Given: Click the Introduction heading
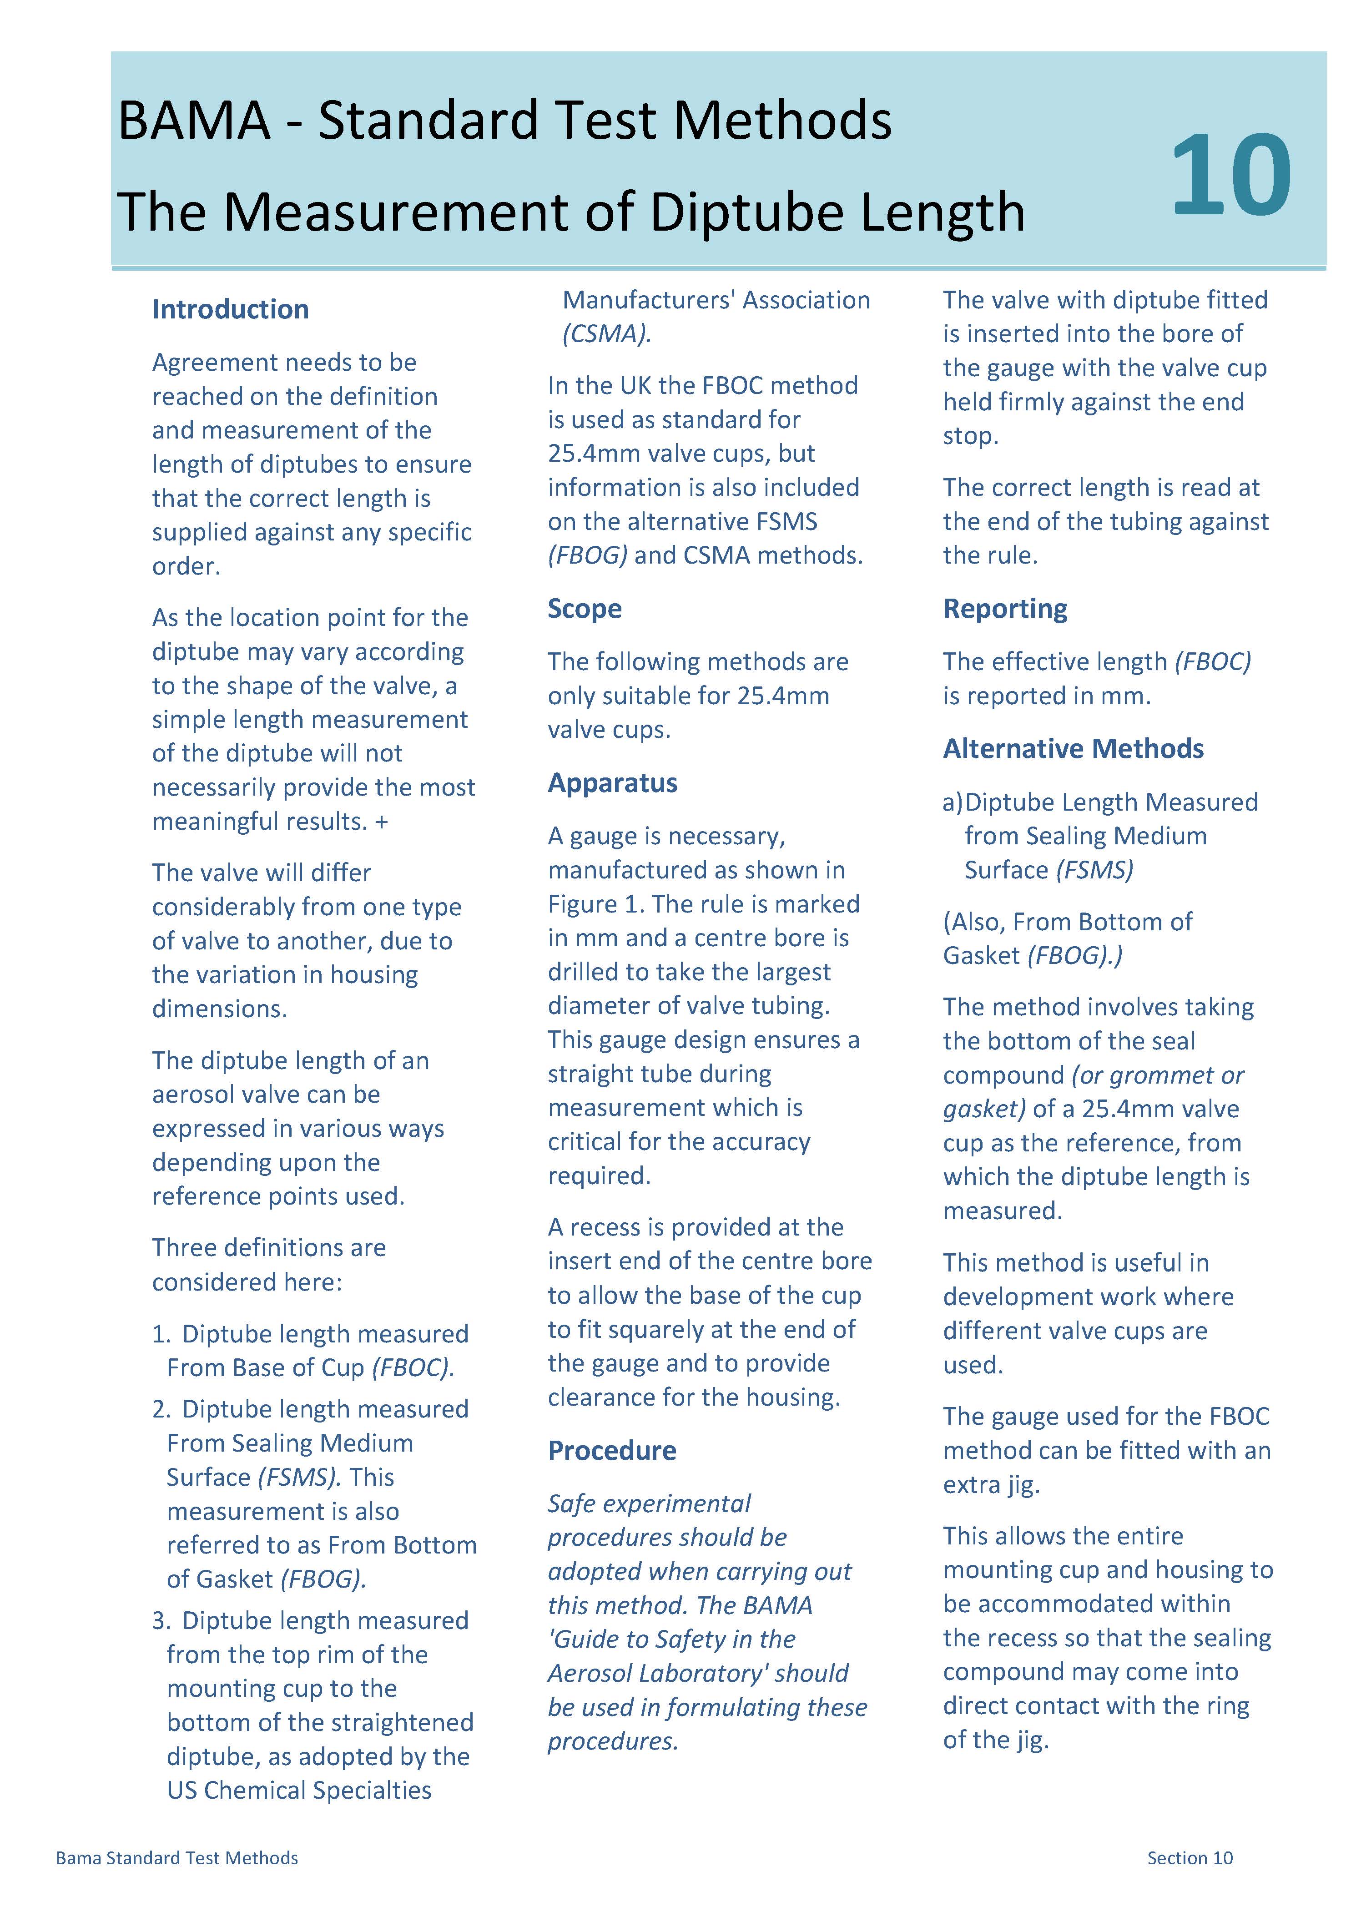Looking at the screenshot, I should point(230,310).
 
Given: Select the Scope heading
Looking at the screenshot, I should point(584,608).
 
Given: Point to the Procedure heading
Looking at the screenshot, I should point(612,1451).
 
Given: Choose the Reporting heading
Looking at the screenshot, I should point(1005,608).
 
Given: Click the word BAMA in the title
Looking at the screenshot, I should point(194,121).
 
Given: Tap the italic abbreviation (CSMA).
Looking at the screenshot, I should point(606,334).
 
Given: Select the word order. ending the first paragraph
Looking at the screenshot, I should point(186,566).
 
